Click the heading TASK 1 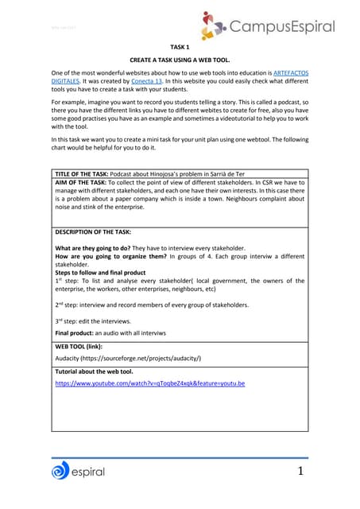point(180,47)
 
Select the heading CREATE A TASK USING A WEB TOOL point(180,60)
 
